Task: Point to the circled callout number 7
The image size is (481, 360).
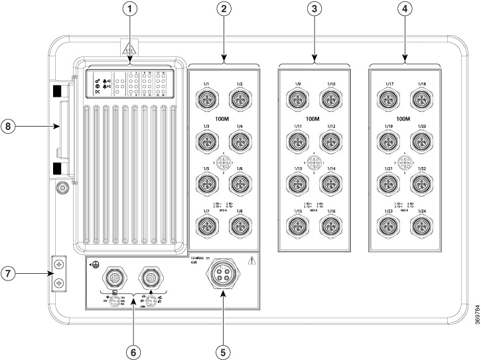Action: pyautogui.click(x=9, y=273)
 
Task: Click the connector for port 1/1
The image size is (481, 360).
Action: pyautogui.click(x=207, y=99)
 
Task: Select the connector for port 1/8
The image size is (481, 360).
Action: pyautogui.click(x=238, y=226)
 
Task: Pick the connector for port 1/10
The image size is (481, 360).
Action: pyautogui.click(x=330, y=99)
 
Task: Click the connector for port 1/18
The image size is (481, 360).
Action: pyautogui.click(x=421, y=99)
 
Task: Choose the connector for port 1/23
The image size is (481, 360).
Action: pyautogui.click(x=389, y=226)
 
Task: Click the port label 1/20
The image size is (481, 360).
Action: pyautogui.click(x=421, y=126)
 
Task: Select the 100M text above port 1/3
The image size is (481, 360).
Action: pyautogui.click(x=223, y=119)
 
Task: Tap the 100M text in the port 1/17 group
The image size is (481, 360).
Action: pyautogui.click(x=404, y=119)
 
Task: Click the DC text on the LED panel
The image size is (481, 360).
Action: pyautogui.click(x=96, y=92)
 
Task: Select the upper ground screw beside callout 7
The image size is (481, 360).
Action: pyautogui.click(x=60, y=264)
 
